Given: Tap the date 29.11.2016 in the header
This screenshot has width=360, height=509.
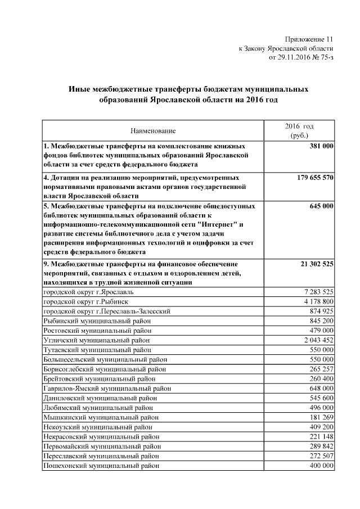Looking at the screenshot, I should click(x=296, y=57).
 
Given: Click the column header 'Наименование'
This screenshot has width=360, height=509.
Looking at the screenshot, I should click(x=153, y=130).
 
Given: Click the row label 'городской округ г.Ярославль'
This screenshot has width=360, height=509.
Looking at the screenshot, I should click(x=88, y=292).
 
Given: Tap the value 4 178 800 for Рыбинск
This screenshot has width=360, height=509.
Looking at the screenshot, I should click(x=318, y=301).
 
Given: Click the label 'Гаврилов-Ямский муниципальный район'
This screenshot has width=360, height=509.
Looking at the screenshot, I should click(x=107, y=388).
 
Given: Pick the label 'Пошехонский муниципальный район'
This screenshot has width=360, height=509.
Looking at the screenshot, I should click(x=101, y=466).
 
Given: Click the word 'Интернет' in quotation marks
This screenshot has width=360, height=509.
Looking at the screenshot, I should click(x=219, y=224).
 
